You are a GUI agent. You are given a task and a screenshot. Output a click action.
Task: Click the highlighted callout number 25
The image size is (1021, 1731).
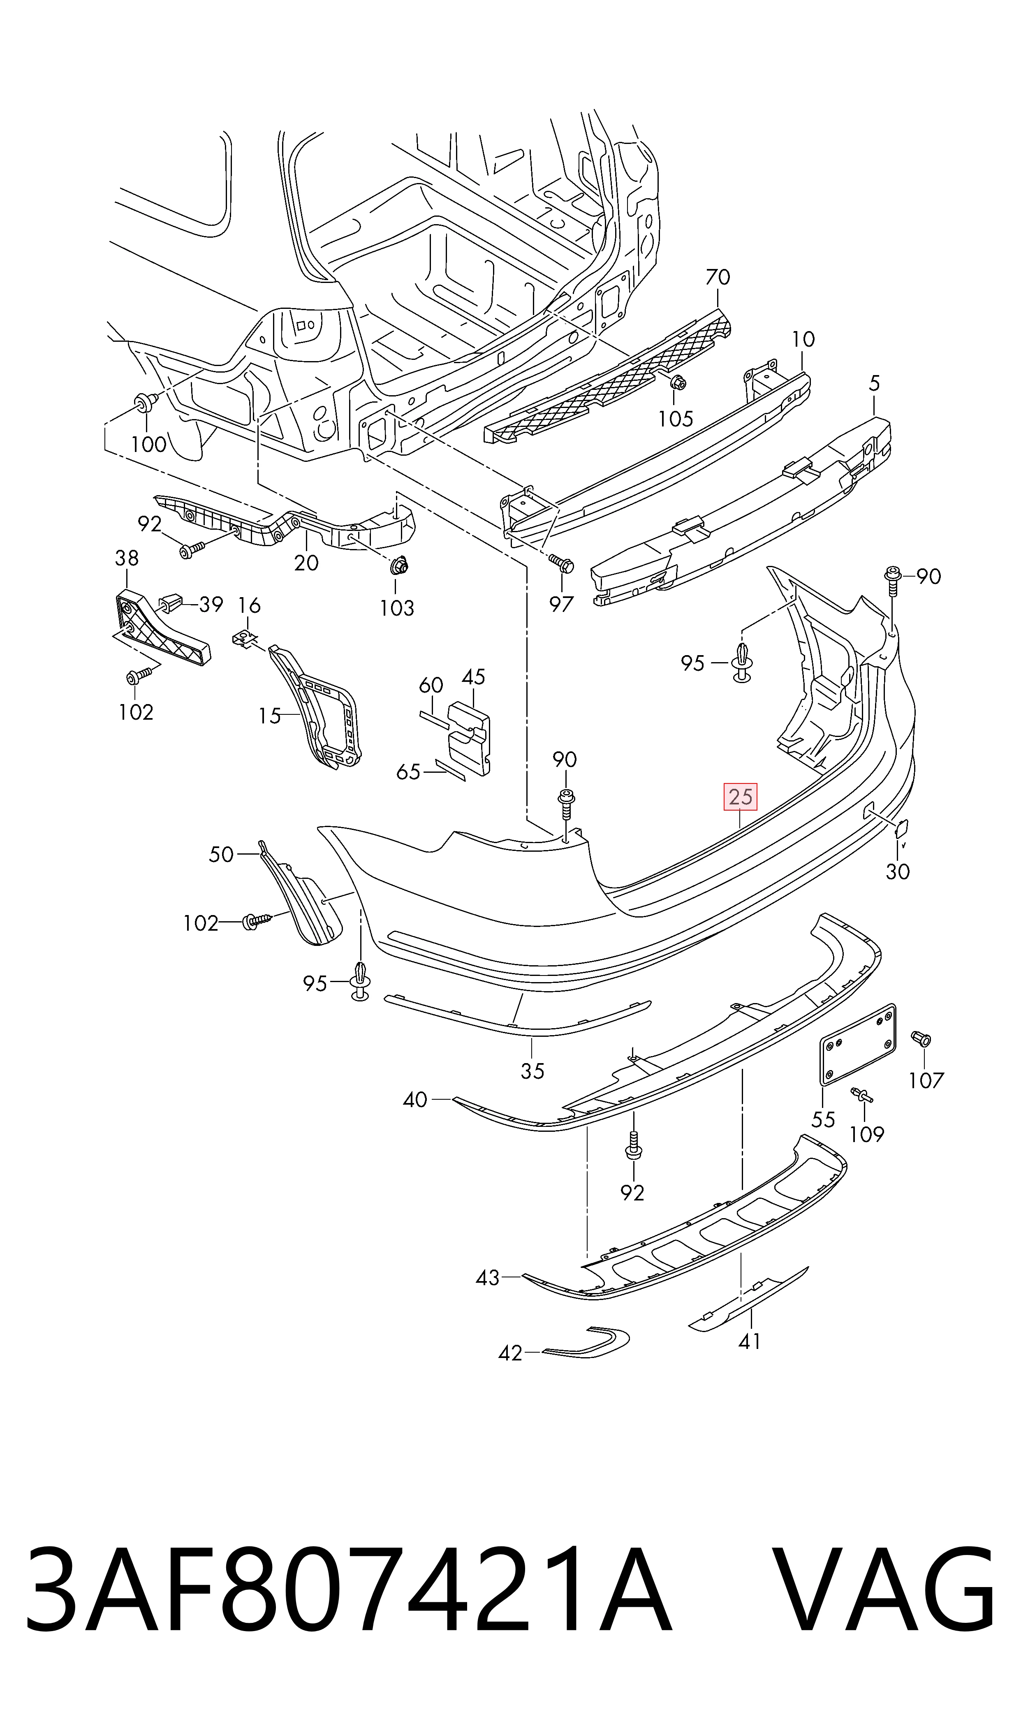[x=740, y=797]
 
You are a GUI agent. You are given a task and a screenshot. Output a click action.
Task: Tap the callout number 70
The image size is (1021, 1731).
[x=718, y=277]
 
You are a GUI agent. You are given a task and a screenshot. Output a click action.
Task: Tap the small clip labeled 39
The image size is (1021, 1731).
[x=170, y=603]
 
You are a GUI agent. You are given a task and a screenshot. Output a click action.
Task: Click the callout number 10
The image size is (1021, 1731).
[x=803, y=339]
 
